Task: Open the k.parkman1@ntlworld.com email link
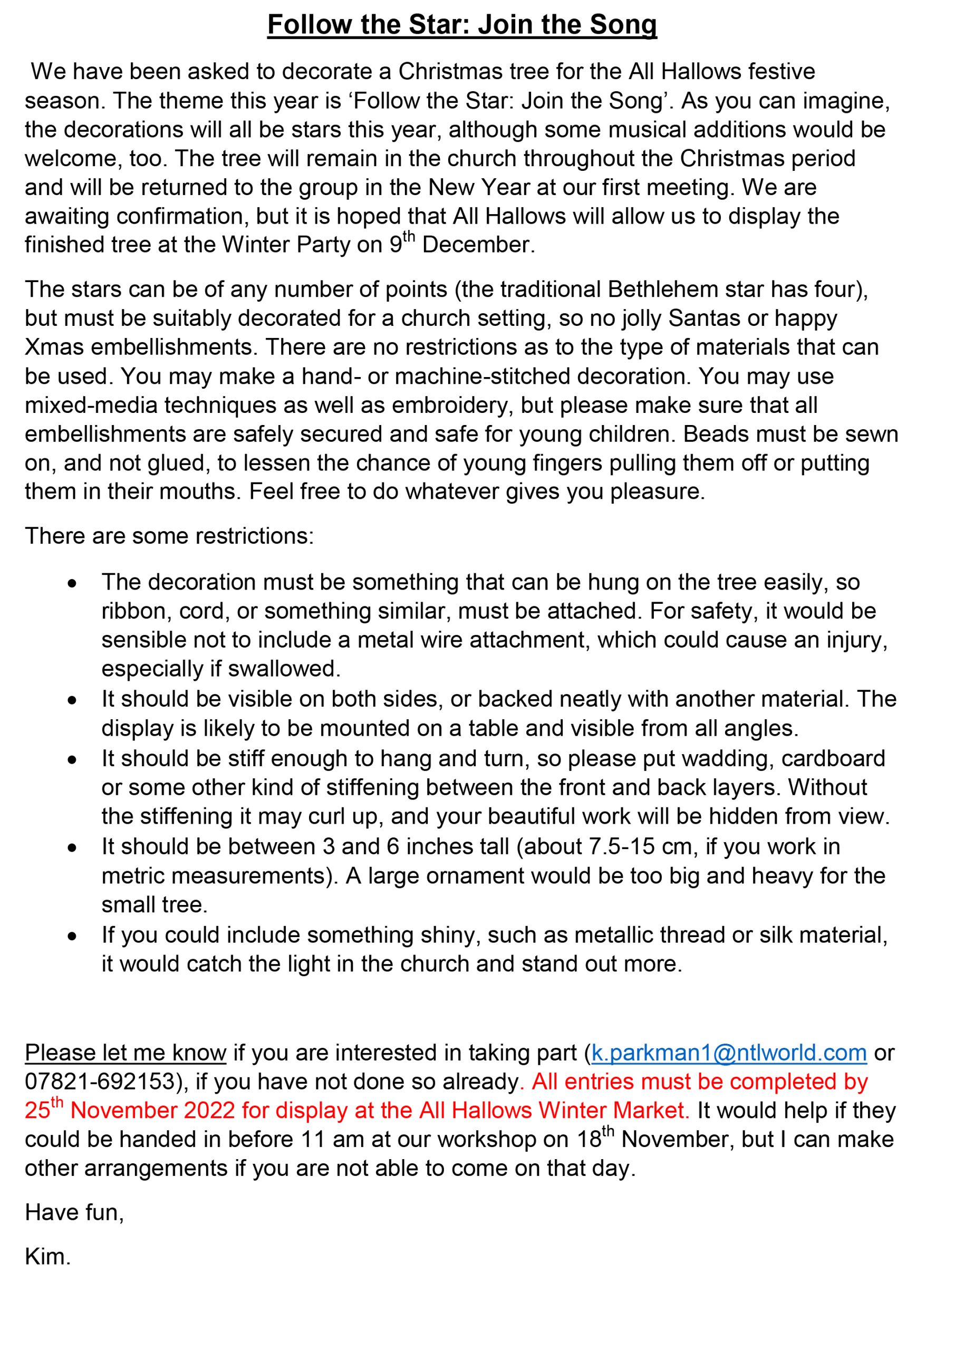[729, 1053]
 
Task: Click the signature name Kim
[47, 1257]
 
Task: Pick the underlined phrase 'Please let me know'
[126, 1053]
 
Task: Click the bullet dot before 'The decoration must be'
[72, 584]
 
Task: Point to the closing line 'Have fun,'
[74, 1212]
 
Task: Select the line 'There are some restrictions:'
[169, 536]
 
